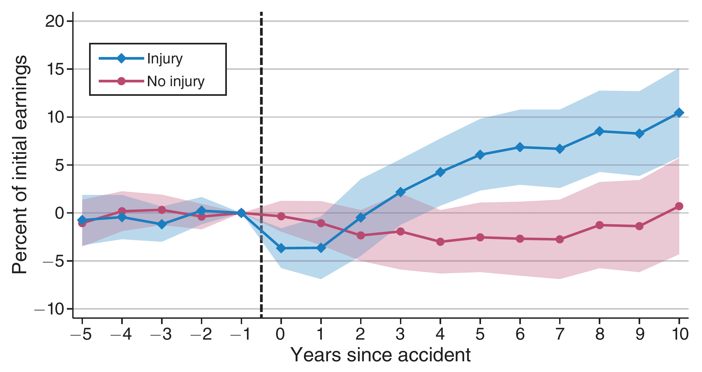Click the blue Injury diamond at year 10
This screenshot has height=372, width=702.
[x=679, y=113]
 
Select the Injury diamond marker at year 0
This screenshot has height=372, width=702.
[x=281, y=248]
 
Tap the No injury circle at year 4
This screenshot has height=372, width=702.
[x=440, y=242]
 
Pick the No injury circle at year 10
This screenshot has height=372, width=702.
[x=679, y=206]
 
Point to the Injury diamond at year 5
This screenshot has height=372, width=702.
[x=480, y=155]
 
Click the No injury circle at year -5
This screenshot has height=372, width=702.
[x=82, y=223]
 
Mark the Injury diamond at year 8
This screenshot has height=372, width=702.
[x=599, y=131]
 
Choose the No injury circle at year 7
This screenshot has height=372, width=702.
[x=559, y=239]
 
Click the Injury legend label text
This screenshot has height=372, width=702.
[x=165, y=59]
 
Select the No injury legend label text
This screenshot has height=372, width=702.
[x=176, y=81]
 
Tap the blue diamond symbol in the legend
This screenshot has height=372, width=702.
[x=121, y=58]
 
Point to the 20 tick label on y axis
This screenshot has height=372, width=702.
[x=55, y=21]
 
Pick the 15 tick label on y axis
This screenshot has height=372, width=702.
[x=55, y=69]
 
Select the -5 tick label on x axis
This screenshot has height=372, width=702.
[x=81, y=334]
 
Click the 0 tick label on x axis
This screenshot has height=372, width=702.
[x=280, y=334]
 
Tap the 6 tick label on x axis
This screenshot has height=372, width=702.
[x=520, y=334]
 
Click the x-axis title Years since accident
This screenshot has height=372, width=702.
[x=380, y=355]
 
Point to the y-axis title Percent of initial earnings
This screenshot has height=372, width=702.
[x=20, y=165]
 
